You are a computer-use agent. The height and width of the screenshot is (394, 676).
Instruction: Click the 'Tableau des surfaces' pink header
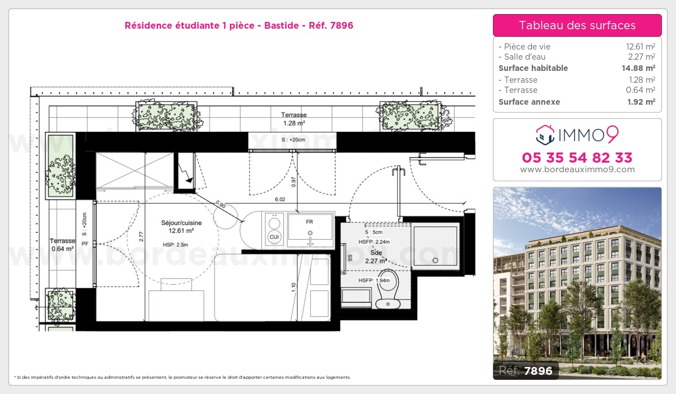pos(577,25)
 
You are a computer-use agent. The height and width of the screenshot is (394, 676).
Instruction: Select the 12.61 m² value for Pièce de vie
pos(641,46)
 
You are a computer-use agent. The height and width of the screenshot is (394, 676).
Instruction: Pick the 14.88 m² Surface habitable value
pos(638,68)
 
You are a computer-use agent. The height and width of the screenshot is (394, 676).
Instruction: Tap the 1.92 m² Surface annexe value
pos(641,102)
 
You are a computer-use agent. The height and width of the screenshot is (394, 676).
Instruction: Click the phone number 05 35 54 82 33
pos(577,158)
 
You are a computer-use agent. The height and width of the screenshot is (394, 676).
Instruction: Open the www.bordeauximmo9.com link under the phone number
pos(577,169)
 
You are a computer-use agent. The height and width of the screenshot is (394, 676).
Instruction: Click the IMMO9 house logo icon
pos(545,135)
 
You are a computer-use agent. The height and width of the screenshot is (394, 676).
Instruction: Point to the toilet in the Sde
pos(388,289)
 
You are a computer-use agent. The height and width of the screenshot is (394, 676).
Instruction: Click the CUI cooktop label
pos(274,237)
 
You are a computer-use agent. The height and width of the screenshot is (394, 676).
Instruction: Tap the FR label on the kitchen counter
pos(309,222)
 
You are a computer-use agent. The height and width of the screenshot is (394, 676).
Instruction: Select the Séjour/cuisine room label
pos(181,223)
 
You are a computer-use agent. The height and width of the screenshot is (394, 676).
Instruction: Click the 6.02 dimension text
pos(280,199)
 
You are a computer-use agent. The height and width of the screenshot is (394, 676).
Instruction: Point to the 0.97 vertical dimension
pos(293,182)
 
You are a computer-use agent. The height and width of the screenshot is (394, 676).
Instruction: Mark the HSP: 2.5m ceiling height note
pos(175,245)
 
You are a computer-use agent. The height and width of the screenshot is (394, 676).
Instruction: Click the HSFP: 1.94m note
pos(374,280)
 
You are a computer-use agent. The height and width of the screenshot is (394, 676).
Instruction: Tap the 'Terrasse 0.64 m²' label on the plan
pos(63,245)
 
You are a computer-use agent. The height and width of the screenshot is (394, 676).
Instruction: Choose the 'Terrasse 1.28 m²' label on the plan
pos(294,119)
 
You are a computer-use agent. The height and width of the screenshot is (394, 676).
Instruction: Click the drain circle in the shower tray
pos(435,261)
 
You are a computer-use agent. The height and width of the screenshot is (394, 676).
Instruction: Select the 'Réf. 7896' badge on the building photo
pos(526,370)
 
